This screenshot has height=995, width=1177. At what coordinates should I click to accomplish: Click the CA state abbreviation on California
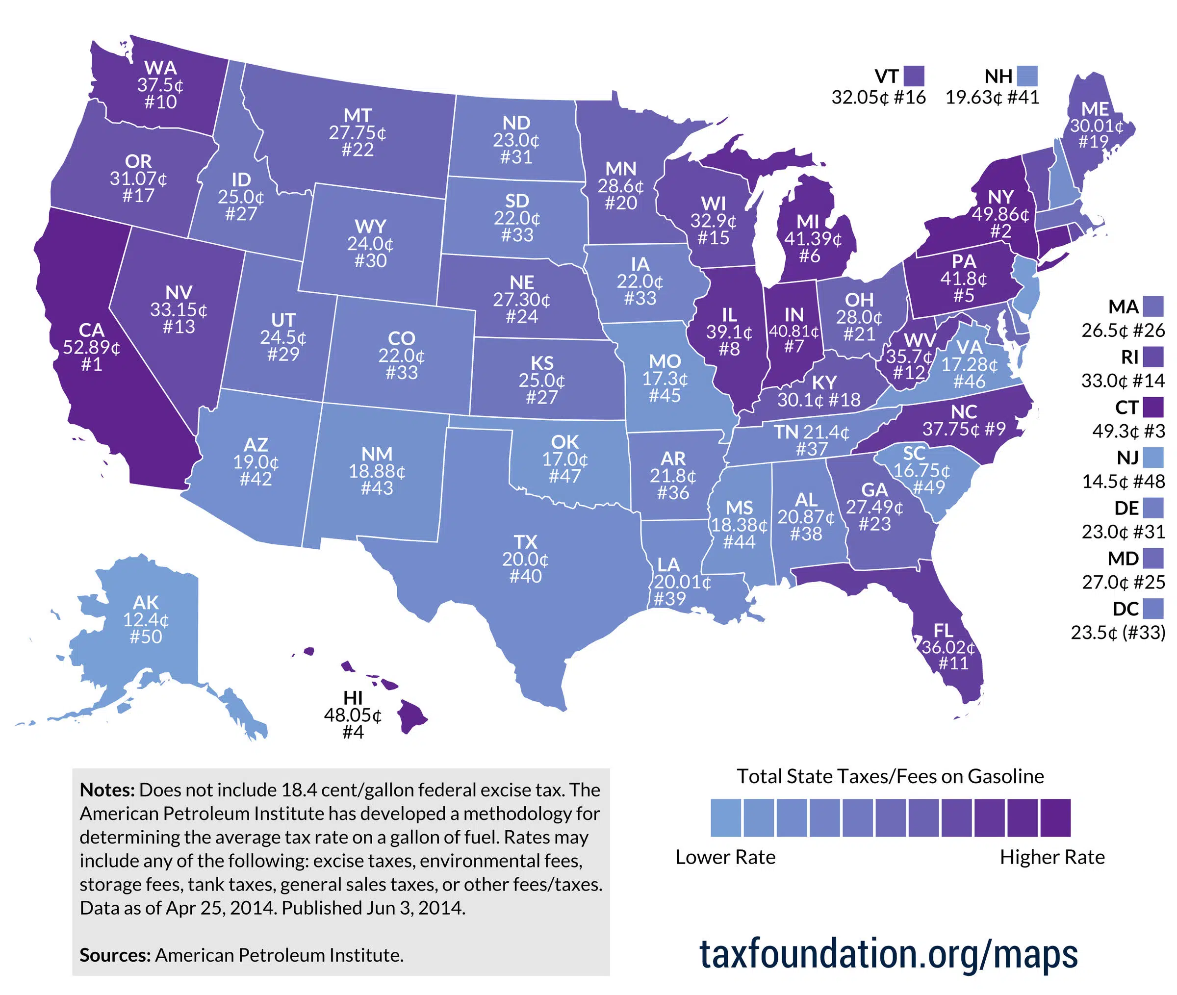click(x=91, y=330)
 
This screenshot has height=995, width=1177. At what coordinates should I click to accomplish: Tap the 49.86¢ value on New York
click(x=1000, y=214)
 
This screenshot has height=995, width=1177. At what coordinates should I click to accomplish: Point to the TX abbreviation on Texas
click(x=525, y=542)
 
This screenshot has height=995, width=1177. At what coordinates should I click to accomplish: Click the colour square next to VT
click(x=914, y=76)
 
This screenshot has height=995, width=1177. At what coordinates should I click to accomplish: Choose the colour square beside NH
click(x=1027, y=76)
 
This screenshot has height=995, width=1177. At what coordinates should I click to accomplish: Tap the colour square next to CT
click(x=1154, y=407)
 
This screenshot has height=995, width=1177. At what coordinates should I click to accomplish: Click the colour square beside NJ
click(x=1154, y=457)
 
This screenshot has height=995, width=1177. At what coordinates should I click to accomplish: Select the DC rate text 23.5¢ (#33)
click(x=1118, y=632)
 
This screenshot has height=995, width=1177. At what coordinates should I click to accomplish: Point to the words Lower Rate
click(x=725, y=857)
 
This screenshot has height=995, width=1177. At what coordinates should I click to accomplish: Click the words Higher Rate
click(x=1052, y=857)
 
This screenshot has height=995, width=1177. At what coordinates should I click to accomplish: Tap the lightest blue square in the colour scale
click(x=725, y=817)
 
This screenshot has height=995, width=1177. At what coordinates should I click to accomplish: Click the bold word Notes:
click(x=107, y=790)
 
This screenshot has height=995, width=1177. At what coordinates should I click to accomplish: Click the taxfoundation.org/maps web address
click(x=888, y=953)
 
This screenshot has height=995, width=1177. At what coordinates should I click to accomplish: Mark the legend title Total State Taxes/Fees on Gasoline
click(x=890, y=776)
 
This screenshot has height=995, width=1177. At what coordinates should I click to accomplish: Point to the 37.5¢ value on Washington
click(x=160, y=85)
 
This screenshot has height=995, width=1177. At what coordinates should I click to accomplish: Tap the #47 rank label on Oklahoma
click(x=564, y=476)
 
